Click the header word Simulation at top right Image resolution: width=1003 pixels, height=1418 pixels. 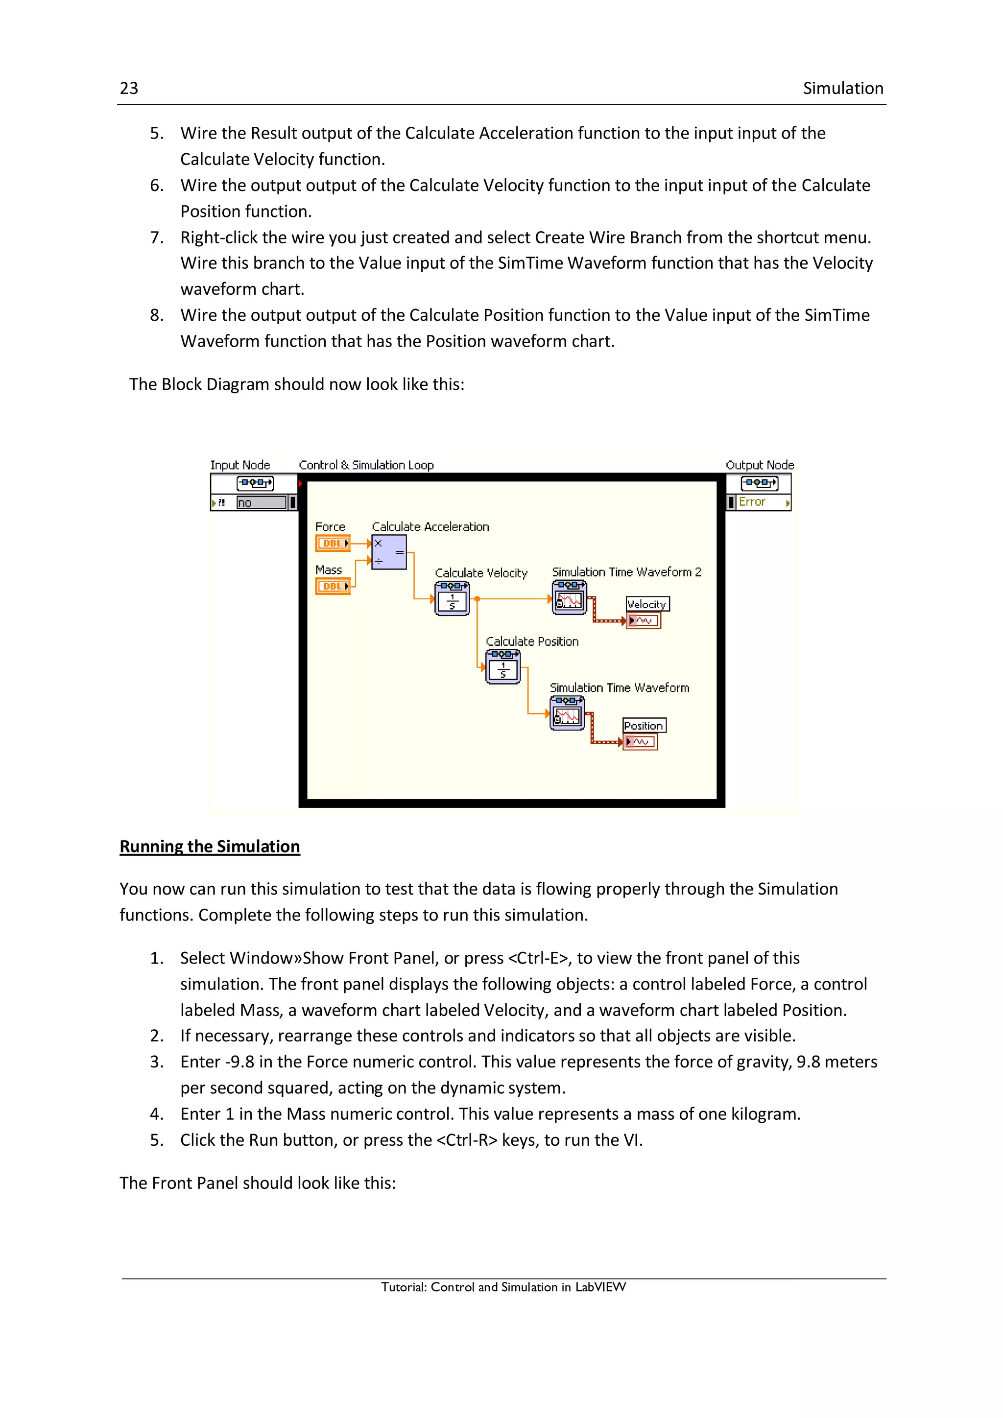coord(842,88)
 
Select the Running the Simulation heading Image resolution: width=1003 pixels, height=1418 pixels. coord(210,846)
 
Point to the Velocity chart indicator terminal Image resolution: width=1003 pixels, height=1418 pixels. coord(644,620)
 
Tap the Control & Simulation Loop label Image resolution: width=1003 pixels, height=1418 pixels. coord(366,465)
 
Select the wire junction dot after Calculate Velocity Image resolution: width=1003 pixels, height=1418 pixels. coord(478,599)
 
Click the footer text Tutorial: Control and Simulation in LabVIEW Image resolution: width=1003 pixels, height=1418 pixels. coord(503,1287)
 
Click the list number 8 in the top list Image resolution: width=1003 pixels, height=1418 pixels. coord(156,316)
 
